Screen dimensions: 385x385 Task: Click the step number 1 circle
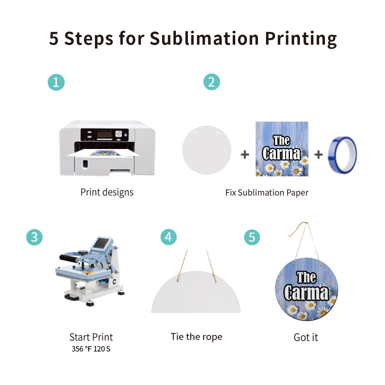tap(56, 82)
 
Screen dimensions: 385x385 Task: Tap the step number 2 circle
tap(211, 82)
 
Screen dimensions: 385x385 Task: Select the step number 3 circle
tap(34, 237)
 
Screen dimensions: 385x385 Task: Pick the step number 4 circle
tap(169, 237)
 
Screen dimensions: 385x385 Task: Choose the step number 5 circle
tap(252, 237)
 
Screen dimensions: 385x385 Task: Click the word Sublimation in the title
tap(204, 38)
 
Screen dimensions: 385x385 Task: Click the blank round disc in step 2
tap(207, 150)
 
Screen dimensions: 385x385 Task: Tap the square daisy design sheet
tap(282, 149)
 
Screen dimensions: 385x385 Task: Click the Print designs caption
tap(107, 192)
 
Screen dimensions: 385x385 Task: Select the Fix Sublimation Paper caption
tap(267, 192)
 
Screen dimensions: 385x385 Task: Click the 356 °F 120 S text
tap(91, 349)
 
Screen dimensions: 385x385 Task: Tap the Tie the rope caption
tap(196, 337)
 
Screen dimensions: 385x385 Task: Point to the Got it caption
tap(306, 338)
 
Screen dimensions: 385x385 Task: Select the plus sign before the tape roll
tap(318, 155)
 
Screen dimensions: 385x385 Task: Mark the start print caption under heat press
tap(91, 337)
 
